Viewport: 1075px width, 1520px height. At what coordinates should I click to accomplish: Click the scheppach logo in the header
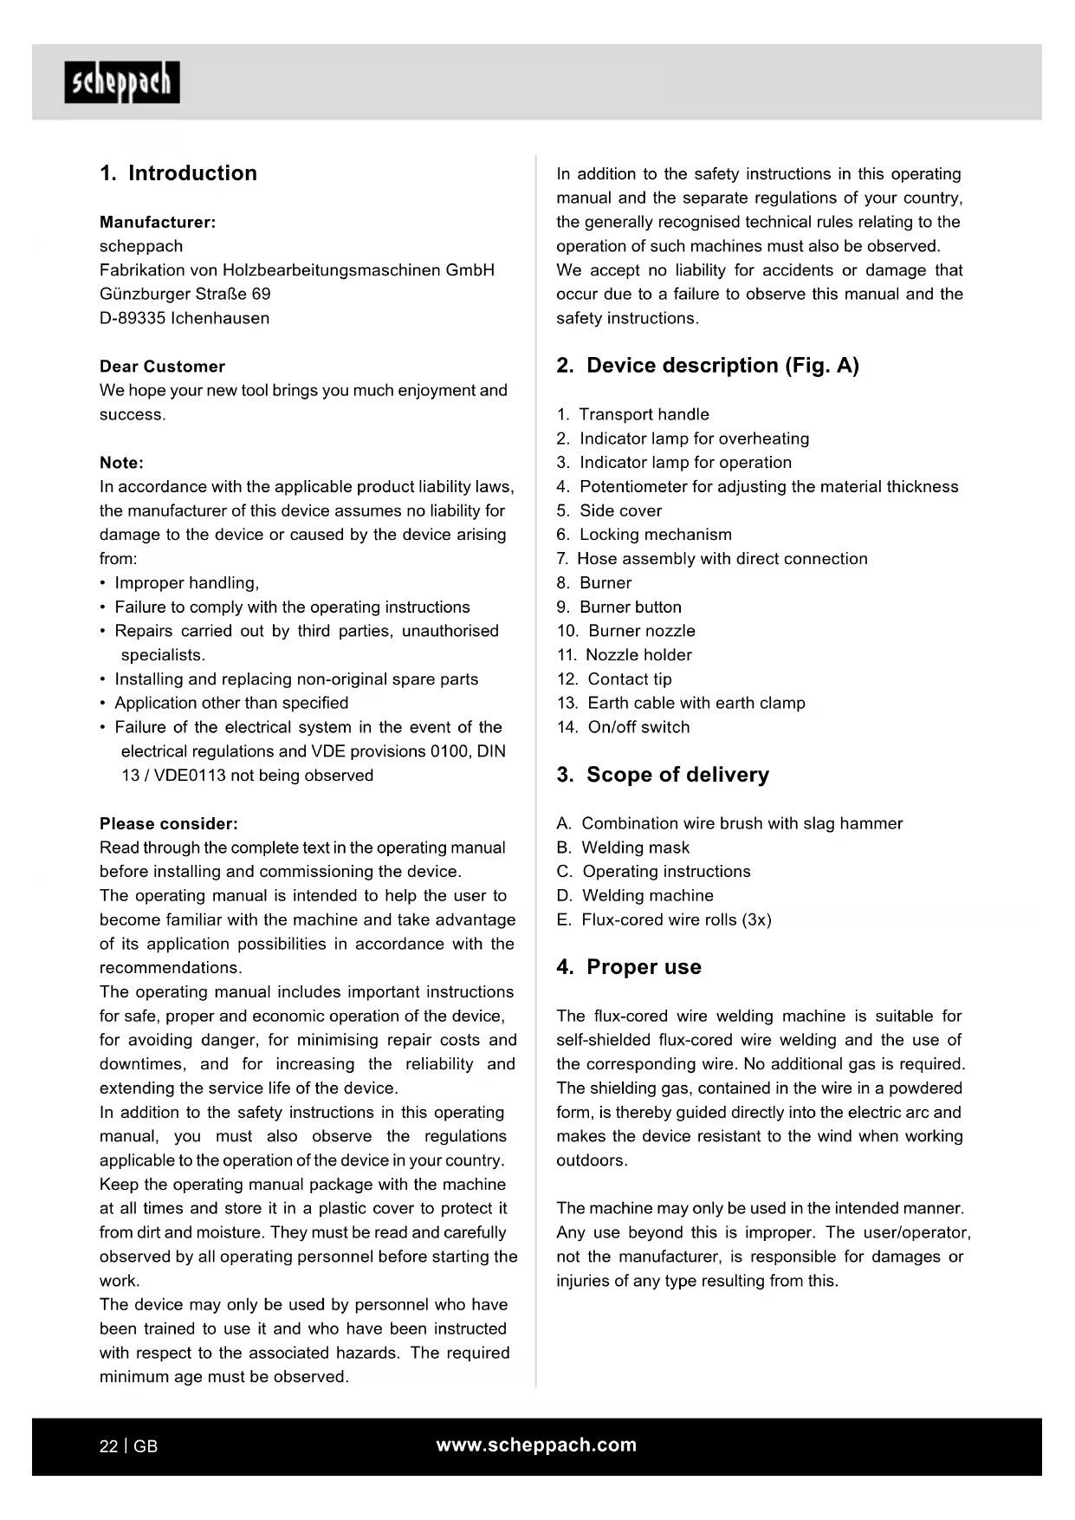pos(122,82)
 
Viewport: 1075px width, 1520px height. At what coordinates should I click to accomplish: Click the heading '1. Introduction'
pos(178,173)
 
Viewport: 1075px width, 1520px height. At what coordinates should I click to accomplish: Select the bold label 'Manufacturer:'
pos(158,222)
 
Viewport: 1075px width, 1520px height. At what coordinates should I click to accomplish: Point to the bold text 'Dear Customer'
pos(162,367)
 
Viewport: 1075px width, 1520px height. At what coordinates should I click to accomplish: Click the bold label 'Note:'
pos(121,463)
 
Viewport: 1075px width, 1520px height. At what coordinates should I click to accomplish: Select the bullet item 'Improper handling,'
pos(186,583)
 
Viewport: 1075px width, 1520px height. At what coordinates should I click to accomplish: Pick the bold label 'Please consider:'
pos(169,824)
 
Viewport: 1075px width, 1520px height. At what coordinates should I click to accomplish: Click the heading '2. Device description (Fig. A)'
pos(708,366)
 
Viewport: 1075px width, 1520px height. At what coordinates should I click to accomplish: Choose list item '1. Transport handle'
pos(633,415)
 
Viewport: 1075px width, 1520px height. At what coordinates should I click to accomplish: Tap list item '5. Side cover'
pos(609,511)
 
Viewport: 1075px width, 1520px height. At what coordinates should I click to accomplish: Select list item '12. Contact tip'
pos(614,679)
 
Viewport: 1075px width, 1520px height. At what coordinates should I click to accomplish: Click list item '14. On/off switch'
pos(624,728)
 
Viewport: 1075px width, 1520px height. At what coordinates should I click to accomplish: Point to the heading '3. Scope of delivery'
pos(663,775)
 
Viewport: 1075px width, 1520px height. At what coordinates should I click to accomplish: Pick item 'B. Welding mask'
pos(624,848)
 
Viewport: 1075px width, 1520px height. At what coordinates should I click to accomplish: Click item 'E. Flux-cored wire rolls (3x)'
pos(664,920)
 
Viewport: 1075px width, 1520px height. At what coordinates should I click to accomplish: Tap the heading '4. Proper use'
pos(629,967)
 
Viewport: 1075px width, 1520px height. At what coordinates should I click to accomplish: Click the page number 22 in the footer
pos(108,1446)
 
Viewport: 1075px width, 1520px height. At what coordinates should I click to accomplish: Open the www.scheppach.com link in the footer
pos(536,1445)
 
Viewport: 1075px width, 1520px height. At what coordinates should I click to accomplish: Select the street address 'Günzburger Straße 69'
pos(185,294)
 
